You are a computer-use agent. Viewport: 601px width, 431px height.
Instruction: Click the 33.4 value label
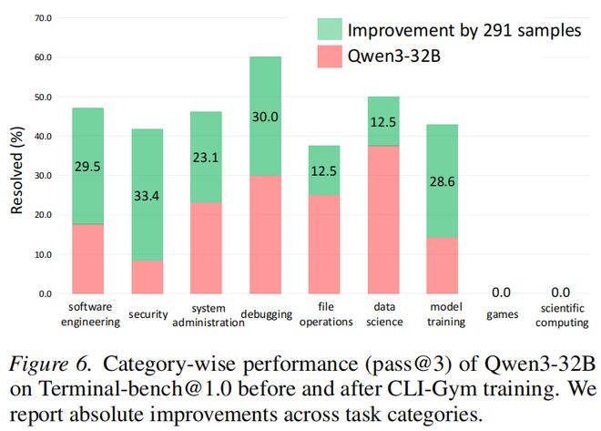click(147, 193)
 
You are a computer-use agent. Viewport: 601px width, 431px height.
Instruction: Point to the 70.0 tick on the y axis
click(43, 18)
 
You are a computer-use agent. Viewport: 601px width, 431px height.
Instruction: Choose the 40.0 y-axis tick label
click(43, 137)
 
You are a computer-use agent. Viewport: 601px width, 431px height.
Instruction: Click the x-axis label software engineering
click(90, 315)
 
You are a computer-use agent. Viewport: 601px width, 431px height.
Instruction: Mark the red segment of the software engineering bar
click(88, 259)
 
